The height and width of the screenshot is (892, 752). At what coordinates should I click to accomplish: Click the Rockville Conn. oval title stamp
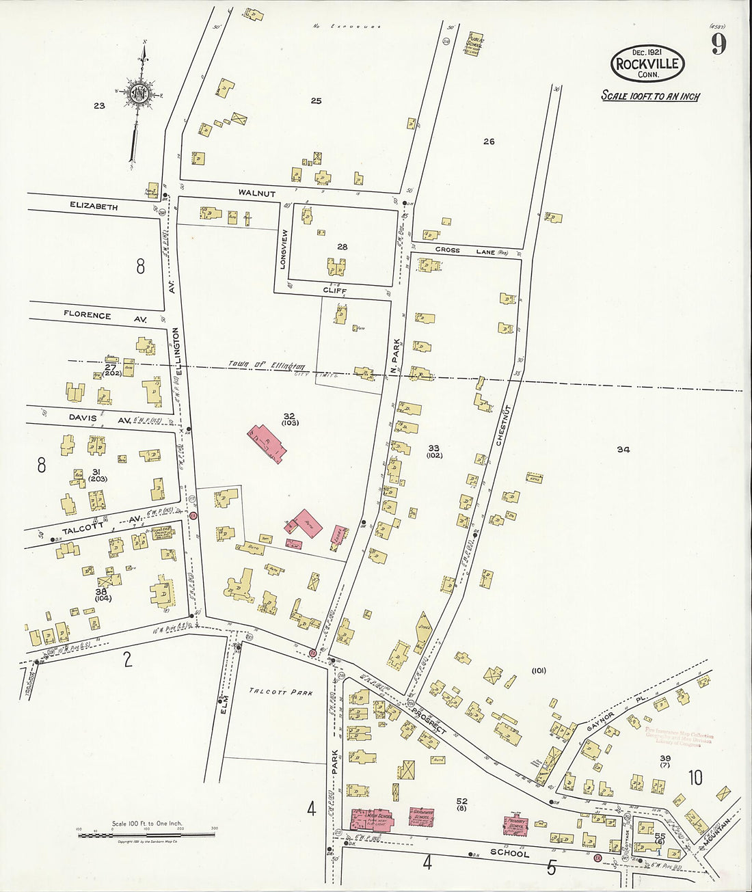coord(647,64)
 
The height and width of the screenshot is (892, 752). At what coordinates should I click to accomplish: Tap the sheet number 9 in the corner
coord(718,44)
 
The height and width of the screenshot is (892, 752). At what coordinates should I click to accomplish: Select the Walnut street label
coord(256,193)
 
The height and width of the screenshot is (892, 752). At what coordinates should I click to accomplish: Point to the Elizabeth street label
coord(94,206)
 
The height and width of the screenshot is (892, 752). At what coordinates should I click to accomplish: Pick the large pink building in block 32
coord(267,443)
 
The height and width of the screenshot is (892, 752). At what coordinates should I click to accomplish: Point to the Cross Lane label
coord(472,251)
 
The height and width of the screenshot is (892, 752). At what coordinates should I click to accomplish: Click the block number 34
coord(623,450)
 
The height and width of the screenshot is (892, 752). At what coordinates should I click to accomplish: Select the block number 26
coord(488,141)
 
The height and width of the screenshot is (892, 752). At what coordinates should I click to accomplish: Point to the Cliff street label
coord(335,290)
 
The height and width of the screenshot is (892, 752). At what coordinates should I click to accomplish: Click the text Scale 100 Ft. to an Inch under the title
coord(650,96)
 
